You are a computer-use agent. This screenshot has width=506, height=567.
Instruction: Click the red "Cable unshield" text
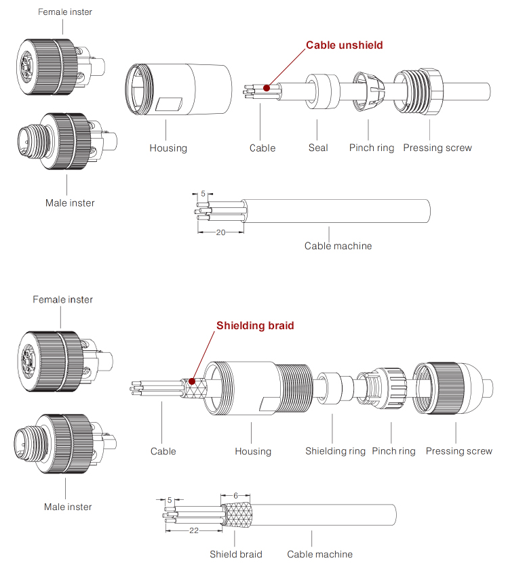pos(344,45)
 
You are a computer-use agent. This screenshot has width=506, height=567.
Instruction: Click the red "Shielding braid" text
pos(255,325)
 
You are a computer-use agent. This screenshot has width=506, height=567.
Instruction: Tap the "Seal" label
pos(317,148)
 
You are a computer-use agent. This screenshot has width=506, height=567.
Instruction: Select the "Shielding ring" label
pos(335,451)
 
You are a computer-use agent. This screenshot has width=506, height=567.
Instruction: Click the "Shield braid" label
pos(235,554)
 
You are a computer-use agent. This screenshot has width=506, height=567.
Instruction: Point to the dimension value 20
pos(220,232)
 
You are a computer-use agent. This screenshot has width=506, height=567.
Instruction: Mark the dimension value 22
pos(194,530)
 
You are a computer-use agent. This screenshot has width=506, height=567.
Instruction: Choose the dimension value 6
pos(235,496)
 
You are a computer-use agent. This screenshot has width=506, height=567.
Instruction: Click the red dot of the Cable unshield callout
pos(267,87)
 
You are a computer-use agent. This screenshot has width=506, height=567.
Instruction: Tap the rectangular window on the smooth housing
pos(169,105)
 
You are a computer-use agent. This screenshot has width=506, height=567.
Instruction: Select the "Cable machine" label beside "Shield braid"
pos(319,554)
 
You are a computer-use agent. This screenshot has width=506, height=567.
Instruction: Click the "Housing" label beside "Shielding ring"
pos(252,451)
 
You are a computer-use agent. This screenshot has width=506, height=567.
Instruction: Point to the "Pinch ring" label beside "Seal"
pos(371,148)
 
